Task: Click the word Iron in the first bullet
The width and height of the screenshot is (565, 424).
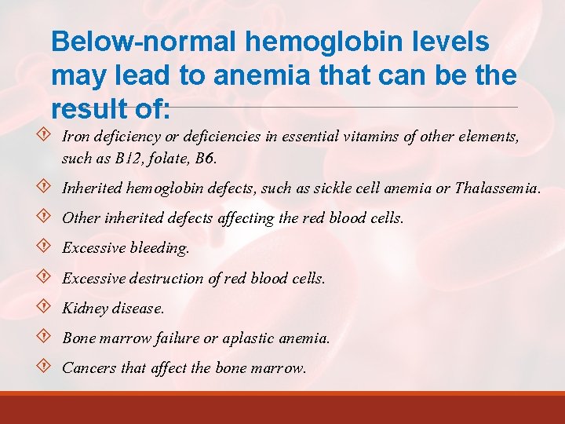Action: point(75,137)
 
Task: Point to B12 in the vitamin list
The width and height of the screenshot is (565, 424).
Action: point(115,159)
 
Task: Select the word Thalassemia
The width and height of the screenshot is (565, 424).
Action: point(497,189)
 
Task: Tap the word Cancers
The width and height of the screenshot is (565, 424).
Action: point(89,368)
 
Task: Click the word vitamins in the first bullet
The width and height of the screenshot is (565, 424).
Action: point(371,137)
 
